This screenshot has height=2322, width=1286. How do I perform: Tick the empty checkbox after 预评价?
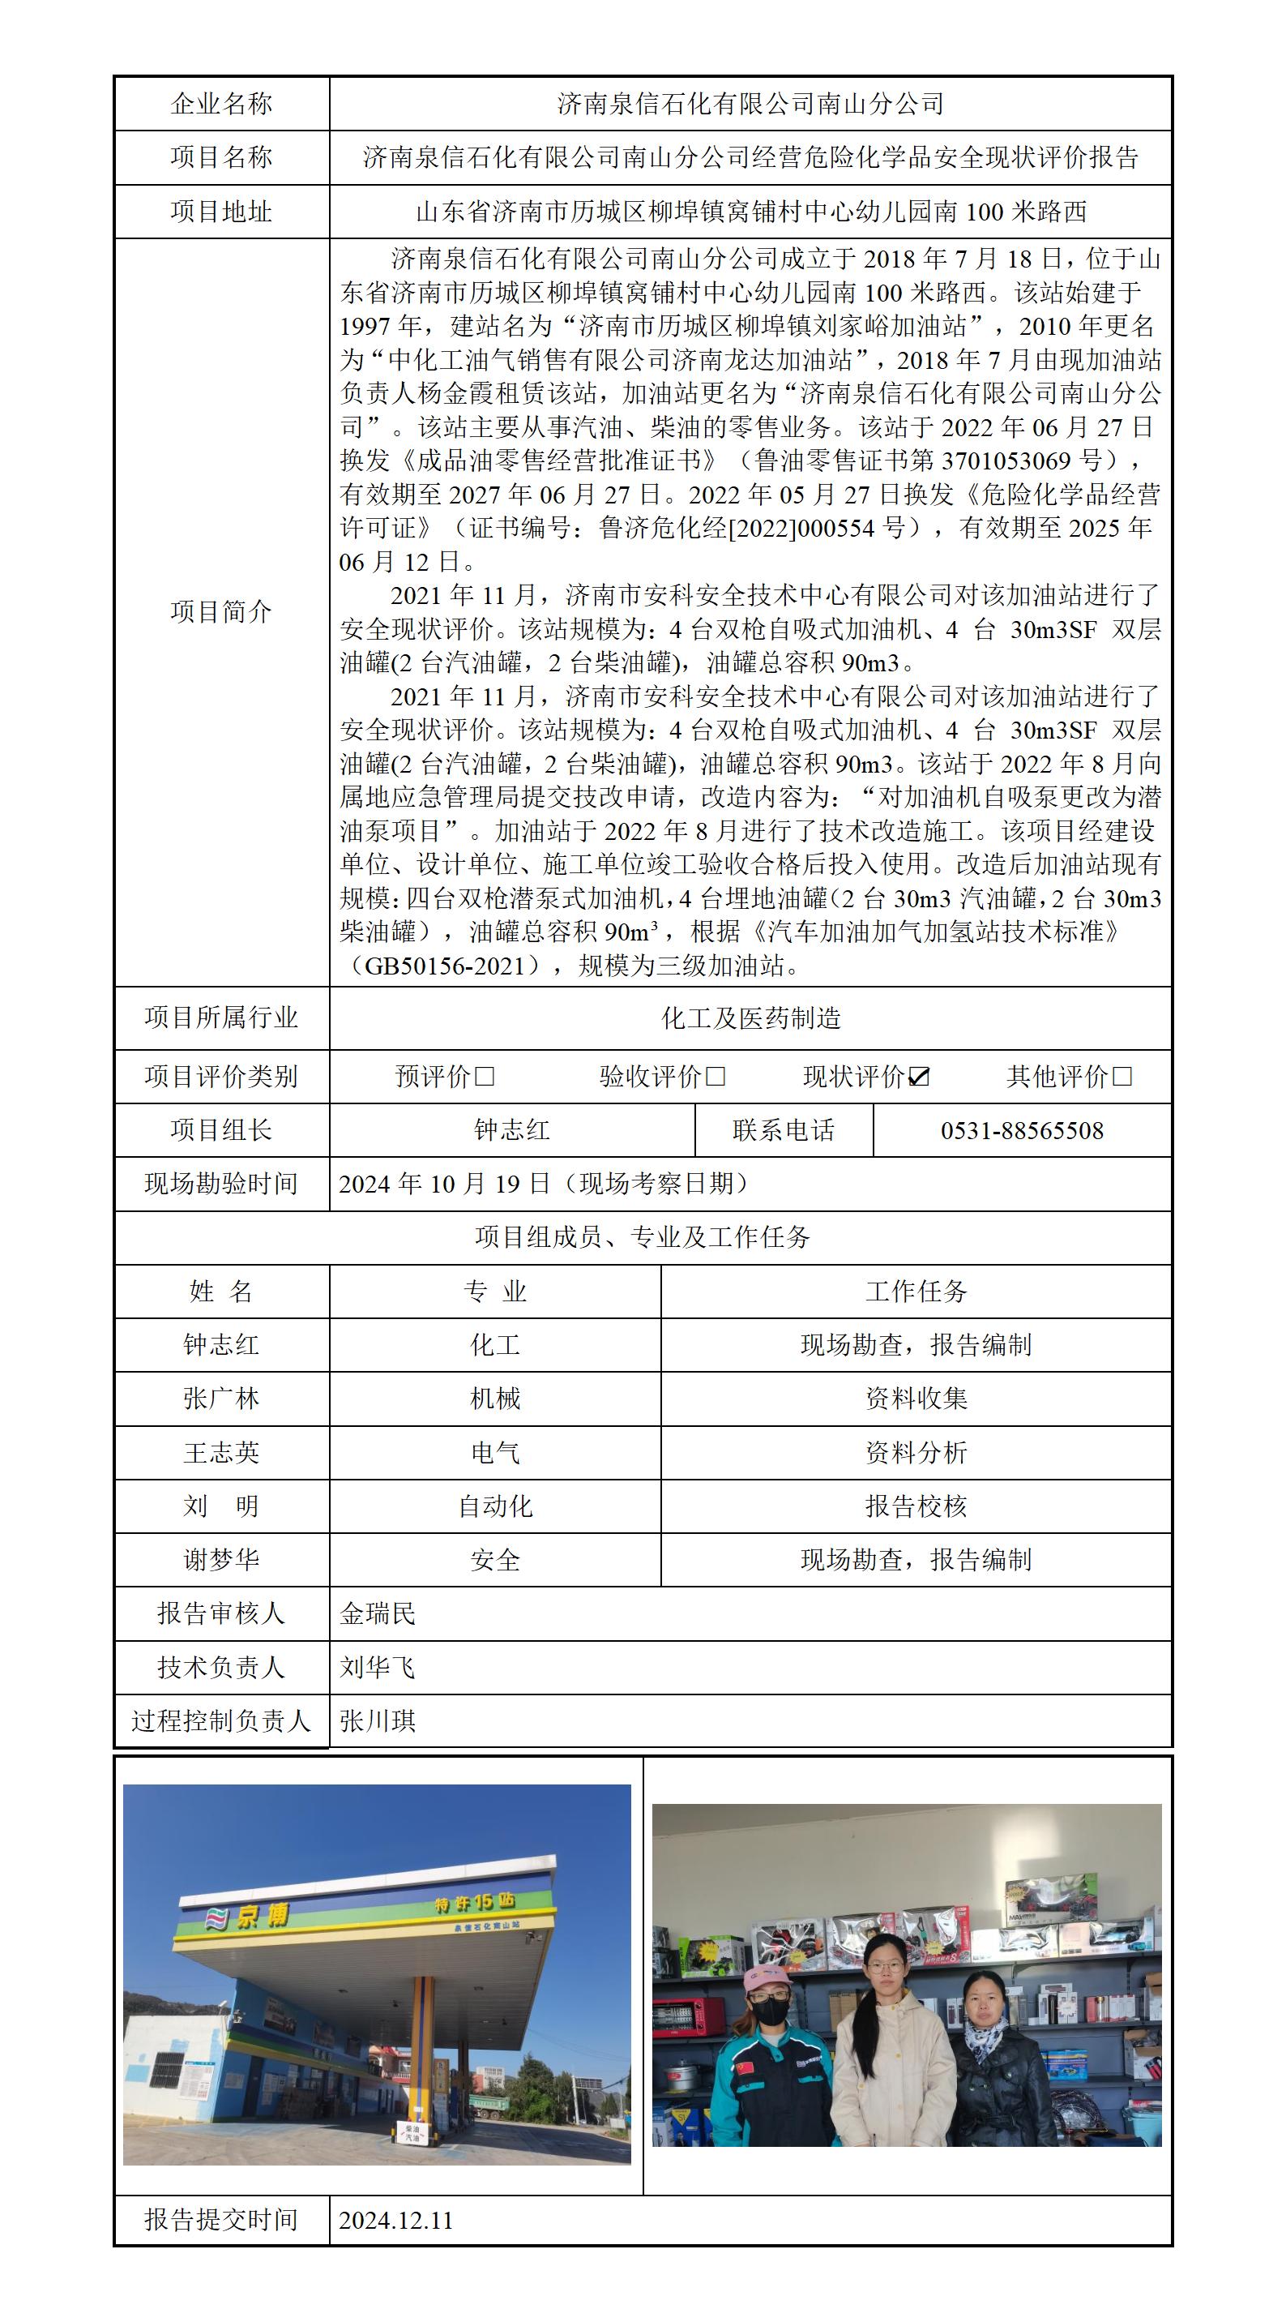tap(485, 1076)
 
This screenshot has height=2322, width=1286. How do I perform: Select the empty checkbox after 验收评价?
tap(716, 1076)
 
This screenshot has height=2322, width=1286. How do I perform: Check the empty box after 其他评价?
tap(1122, 1076)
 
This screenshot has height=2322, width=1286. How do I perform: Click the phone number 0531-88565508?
tap(1022, 1130)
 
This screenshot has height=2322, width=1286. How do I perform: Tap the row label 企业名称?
tap(222, 104)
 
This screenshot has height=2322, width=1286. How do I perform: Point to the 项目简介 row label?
tap(222, 612)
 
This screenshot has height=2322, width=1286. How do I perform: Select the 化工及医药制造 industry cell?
tap(750, 1018)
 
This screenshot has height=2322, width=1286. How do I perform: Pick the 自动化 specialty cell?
tap(495, 1506)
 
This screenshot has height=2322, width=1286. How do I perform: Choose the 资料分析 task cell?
tap(916, 1452)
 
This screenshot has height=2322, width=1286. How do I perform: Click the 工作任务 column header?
tap(916, 1291)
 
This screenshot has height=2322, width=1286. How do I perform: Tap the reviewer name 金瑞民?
tap(378, 1613)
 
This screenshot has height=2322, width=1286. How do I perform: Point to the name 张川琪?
tap(378, 1720)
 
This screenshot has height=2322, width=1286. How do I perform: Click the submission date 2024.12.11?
tap(395, 2220)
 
